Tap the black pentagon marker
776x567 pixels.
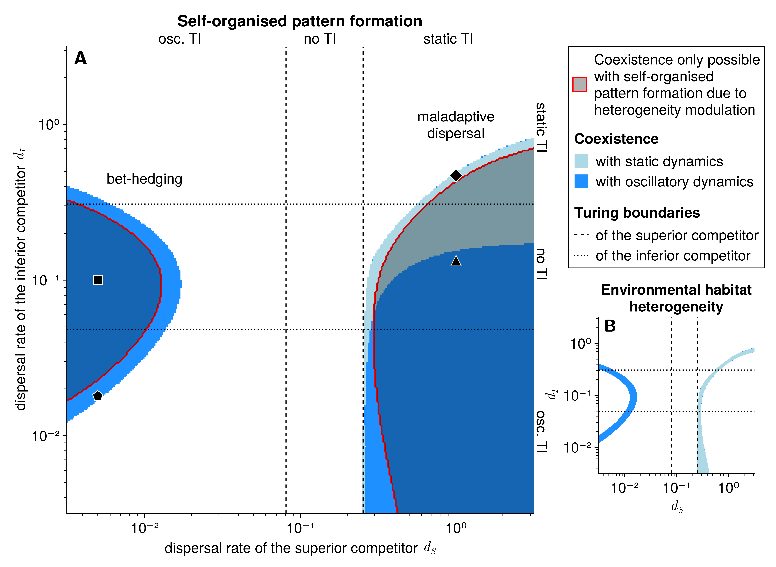coord(98,396)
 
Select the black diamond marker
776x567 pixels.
coord(456,175)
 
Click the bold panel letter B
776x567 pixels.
coord(610,326)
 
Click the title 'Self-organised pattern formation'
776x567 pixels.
coord(300,21)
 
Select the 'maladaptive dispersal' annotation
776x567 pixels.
coord(456,125)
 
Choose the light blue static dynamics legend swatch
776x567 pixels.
coord(581,161)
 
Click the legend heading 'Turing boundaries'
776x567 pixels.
coord(637,213)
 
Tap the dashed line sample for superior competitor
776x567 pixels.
coord(581,235)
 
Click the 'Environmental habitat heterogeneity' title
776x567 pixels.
coord(676,298)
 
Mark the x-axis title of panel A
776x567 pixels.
coord(300,548)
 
